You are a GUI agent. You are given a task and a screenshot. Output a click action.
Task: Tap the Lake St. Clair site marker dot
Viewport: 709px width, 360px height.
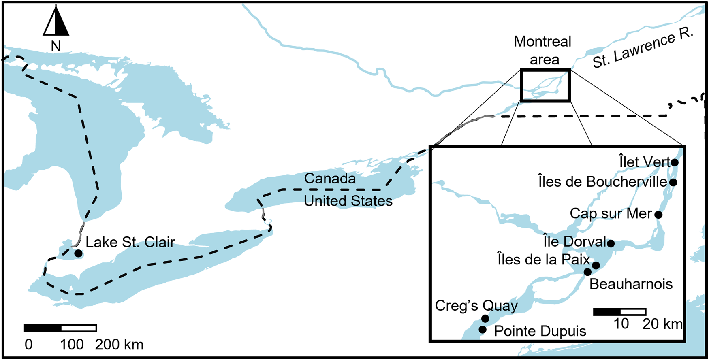[x=78, y=253]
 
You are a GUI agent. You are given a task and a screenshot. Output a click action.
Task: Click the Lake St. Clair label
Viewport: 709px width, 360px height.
[x=130, y=242]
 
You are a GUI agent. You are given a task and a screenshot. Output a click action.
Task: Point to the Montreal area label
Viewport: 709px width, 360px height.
[x=543, y=50]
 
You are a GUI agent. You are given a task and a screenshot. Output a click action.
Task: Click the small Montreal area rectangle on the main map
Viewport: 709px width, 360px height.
[x=545, y=85]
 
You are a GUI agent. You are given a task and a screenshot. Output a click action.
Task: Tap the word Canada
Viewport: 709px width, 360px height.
[x=330, y=179]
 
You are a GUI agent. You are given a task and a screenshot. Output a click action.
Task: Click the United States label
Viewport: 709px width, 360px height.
[x=348, y=201]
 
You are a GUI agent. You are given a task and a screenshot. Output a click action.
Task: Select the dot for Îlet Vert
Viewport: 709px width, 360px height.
[x=675, y=162]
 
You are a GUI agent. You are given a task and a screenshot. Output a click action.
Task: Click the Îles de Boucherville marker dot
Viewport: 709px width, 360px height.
[x=673, y=182]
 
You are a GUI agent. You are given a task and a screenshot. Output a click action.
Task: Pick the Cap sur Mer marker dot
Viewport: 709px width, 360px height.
[x=658, y=215]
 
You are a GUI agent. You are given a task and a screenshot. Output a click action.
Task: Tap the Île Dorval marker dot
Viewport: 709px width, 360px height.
[x=611, y=243]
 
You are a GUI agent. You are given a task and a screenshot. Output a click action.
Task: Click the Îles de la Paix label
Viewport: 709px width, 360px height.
[x=543, y=259]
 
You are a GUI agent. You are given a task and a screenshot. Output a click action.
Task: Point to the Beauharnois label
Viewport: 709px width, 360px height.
[x=631, y=284]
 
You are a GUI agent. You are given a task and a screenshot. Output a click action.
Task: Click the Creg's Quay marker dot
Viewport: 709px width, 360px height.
[x=485, y=318]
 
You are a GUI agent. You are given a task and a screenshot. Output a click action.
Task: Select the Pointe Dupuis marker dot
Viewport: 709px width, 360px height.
[x=483, y=330]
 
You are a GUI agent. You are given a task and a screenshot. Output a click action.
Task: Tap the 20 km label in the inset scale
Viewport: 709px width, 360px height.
[x=662, y=324]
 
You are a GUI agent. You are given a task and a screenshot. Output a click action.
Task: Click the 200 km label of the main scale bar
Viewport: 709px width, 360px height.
[x=120, y=345]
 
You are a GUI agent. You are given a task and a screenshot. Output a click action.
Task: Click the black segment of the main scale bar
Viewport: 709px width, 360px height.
[x=43, y=328]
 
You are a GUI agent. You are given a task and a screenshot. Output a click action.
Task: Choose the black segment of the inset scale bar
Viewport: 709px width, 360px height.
[x=606, y=312]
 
